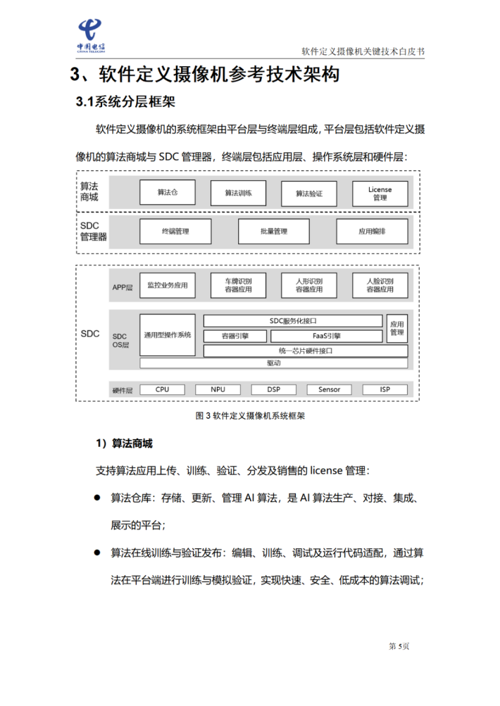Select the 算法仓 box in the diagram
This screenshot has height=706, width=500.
pos(168,192)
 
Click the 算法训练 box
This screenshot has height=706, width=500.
pos(238,193)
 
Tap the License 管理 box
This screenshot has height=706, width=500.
pos(380,193)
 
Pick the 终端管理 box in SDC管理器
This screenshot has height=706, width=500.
pos(175,231)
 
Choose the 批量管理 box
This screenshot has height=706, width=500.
pos(273,231)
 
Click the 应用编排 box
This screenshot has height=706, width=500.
pos(372,231)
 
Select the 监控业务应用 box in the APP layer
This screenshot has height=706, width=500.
pos(168,286)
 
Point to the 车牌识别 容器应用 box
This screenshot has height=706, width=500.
pos(238,286)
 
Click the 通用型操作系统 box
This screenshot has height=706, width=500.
pos(168,334)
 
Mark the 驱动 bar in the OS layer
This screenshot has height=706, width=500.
pos(273,363)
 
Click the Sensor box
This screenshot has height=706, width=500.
pos(329,389)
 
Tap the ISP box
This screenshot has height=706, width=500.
pos(385,389)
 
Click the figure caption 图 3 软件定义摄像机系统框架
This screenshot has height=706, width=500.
pos(250,416)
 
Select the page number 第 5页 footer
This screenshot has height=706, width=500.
pos(399,645)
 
